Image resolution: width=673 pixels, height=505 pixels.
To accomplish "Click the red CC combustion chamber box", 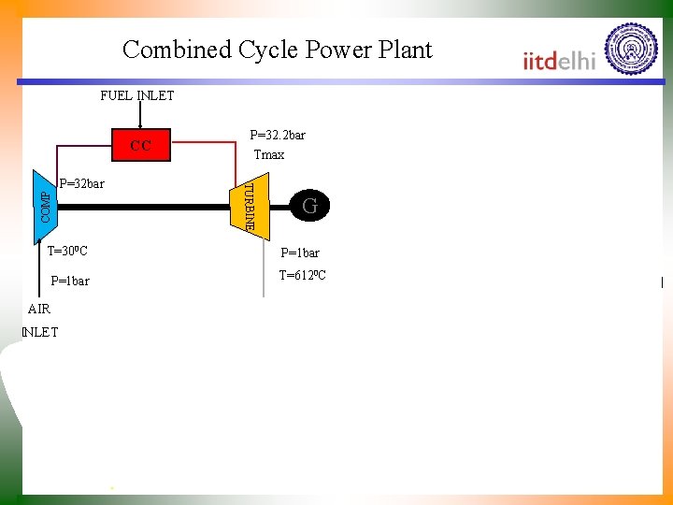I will point(140,145).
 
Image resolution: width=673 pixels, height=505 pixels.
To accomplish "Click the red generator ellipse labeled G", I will point(310,206).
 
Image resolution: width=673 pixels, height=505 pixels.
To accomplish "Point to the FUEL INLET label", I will point(136,95).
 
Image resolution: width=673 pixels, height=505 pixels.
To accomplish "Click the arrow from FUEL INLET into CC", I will point(140,115).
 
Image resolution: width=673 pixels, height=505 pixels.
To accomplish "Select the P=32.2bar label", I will point(277,135).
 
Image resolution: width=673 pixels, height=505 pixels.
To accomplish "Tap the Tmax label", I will point(269,154).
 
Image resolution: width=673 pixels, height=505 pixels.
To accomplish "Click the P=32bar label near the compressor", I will point(81,183).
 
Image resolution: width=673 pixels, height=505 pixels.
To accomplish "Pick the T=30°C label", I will point(67,252).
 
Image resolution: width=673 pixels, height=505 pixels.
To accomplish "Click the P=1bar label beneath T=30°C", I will point(70,281).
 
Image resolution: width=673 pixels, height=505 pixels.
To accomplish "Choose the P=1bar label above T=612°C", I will point(300,252).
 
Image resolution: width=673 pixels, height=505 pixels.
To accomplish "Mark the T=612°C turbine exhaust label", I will point(302,275).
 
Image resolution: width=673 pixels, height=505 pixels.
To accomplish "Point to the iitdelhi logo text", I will point(559,61).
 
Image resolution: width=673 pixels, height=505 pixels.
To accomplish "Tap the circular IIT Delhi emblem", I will point(631,49).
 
